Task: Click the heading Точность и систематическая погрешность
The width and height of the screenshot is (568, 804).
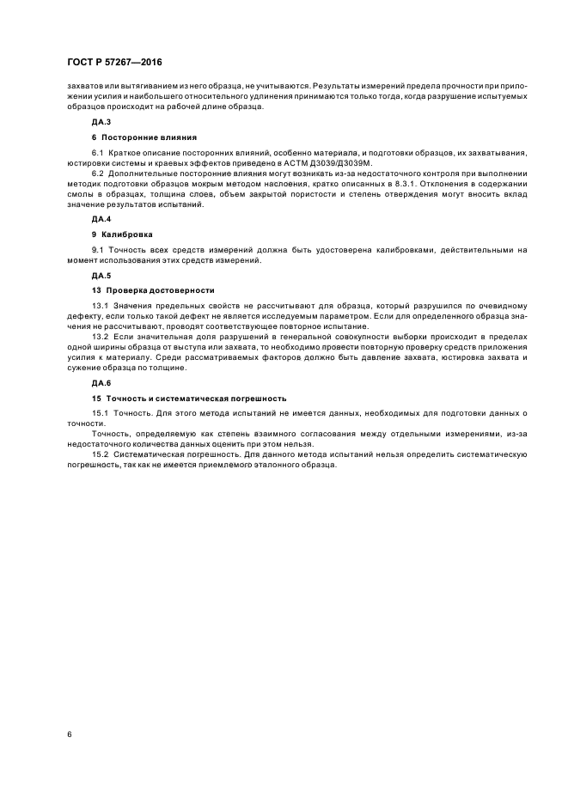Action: click(194, 398)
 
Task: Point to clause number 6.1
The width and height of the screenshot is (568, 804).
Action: click(97, 153)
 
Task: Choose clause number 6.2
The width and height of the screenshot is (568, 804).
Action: click(97, 173)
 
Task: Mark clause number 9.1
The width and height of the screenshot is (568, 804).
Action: click(97, 250)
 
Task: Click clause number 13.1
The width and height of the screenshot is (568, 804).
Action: click(100, 307)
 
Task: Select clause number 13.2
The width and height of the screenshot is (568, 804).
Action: click(100, 338)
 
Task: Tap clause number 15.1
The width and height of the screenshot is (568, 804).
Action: click(100, 413)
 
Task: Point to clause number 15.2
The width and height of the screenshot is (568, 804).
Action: click(100, 454)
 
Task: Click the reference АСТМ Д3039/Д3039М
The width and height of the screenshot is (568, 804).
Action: click(332, 162)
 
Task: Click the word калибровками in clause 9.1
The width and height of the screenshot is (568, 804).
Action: click(408, 250)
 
